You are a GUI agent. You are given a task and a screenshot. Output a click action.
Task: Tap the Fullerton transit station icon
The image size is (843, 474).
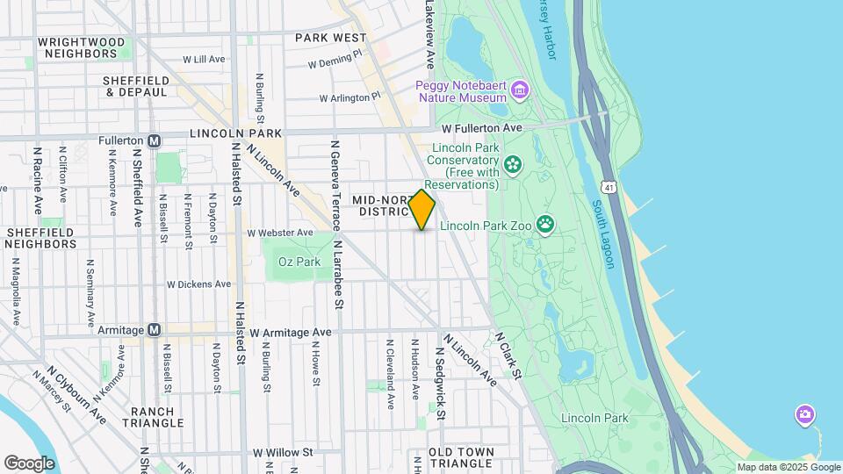[155, 140]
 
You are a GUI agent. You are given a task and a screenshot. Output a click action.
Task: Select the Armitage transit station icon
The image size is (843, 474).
[155, 329]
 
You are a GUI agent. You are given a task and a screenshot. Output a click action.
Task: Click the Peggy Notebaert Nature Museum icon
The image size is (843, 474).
[520, 90]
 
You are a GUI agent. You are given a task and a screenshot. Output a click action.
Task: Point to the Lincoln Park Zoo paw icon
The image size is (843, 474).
[546, 224]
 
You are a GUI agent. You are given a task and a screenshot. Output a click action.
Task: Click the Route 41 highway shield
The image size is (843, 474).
[608, 187]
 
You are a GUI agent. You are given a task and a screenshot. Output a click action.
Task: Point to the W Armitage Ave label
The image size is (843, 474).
[290, 333]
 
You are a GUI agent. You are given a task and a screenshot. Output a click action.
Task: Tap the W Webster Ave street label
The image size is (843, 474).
[280, 233]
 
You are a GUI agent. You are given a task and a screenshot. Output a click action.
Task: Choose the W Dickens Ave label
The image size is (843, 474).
[198, 284]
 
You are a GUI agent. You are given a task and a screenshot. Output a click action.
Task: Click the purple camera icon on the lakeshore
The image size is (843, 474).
[804, 413]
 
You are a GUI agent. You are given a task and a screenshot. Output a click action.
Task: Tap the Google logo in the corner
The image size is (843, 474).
[29, 463]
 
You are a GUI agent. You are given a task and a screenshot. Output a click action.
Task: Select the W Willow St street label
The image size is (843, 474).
[283, 453]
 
